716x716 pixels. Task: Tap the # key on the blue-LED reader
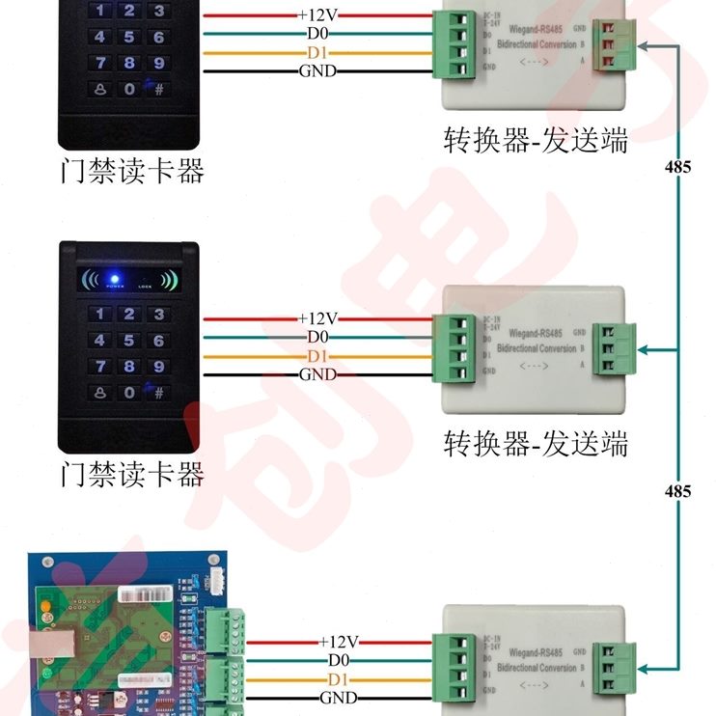(x=158, y=393)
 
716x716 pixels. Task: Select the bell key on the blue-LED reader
(x=99, y=393)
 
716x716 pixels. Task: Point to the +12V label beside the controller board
(x=339, y=642)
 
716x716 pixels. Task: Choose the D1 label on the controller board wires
(x=339, y=678)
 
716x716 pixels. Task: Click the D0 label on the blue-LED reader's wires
(x=317, y=337)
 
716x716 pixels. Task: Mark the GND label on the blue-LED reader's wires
(x=317, y=374)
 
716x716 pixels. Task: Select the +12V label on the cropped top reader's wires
(x=317, y=15)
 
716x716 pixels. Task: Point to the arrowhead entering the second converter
(x=645, y=350)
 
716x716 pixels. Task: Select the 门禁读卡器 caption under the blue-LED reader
(x=132, y=474)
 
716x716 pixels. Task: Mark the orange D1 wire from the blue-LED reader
(x=251, y=356)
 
